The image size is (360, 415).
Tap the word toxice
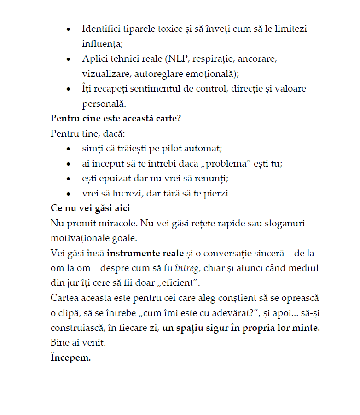tap(175, 29)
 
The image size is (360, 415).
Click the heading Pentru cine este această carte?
tap(116, 119)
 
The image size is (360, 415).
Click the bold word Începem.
tap(70, 357)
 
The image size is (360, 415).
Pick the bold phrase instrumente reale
tap(145, 253)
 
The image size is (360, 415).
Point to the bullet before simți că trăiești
tap(69, 149)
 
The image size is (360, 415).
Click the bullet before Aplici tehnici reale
tap(69, 59)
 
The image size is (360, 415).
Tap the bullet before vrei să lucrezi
tap(69, 194)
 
